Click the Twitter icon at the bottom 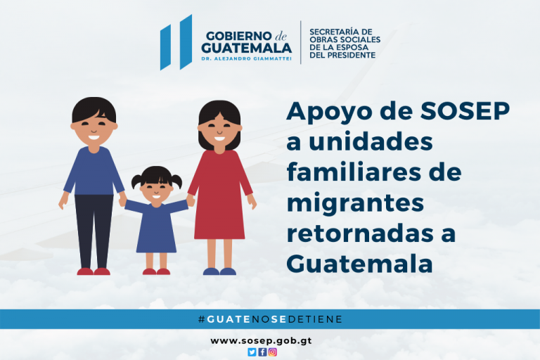(x=252, y=352)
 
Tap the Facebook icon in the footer (x=262, y=352)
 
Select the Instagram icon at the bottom (x=273, y=352)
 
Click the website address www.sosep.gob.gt (x=261, y=341)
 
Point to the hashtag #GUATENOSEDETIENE (x=270, y=319)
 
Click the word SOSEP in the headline (x=465, y=111)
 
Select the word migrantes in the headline (x=355, y=204)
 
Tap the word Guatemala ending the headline (x=359, y=264)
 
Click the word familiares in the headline (x=354, y=172)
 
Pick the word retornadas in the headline (x=360, y=233)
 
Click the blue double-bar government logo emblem (x=176, y=42)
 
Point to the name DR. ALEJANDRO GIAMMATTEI (x=247, y=59)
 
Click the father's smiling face (x=94, y=129)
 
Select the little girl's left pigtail (x=136, y=181)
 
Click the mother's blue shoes (x=219, y=271)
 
